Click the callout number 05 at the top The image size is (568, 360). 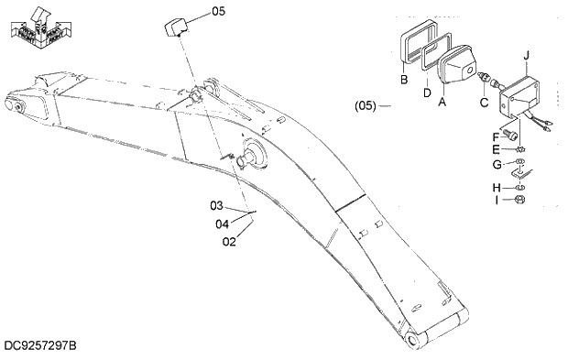click(x=217, y=12)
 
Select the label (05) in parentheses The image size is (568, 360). click(x=366, y=105)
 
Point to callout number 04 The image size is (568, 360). click(x=222, y=223)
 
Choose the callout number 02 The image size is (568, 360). click(x=230, y=242)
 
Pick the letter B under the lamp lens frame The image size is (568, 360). click(x=404, y=79)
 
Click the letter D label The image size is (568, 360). click(x=427, y=91)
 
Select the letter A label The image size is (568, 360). click(x=442, y=103)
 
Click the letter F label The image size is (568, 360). click(x=496, y=136)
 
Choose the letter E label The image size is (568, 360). click(x=496, y=149)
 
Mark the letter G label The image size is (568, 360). click(x=496, y=165)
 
